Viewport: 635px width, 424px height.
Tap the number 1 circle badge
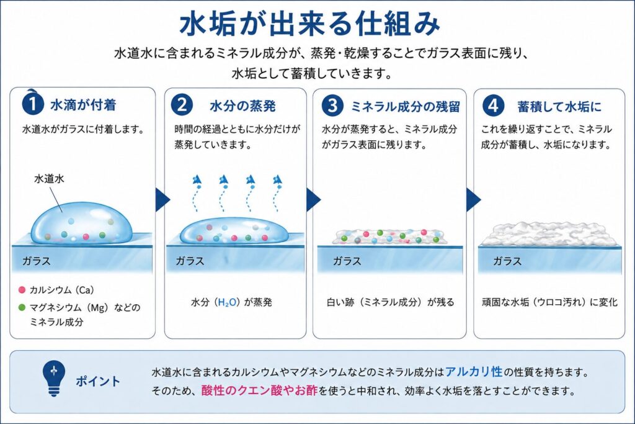click(33, 104)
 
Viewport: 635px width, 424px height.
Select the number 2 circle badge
click(182, 105)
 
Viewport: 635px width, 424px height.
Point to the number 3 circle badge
click(332, 106)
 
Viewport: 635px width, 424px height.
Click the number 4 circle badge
click(493, 106)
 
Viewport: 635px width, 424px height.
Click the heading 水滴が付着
click(83, 105)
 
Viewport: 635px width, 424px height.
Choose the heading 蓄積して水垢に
click(559, 107)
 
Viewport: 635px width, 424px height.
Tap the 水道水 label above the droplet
click(49, 179)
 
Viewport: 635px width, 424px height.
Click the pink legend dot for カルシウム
click(22, 290)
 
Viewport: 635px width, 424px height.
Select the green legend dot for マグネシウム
click(22, 307)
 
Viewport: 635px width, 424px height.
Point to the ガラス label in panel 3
click(347, 261)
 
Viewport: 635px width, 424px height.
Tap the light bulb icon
click(53, 379)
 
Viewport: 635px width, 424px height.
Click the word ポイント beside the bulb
click(98, 381)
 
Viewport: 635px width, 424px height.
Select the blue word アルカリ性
click(474, 371)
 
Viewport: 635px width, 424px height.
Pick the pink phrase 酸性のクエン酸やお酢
click(260, 390)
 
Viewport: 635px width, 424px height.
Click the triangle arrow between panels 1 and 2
click(162, 199)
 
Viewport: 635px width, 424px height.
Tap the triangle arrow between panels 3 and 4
click(473, 199)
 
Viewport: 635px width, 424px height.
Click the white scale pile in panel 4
click(549, 234)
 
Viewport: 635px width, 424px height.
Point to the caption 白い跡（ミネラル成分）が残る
click(391, 302)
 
